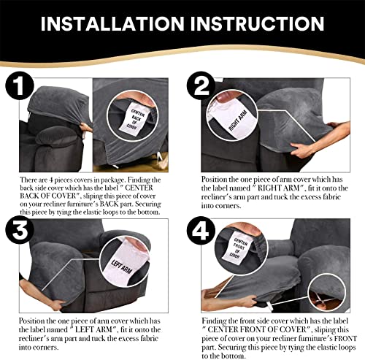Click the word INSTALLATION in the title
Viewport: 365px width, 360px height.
point(112,23)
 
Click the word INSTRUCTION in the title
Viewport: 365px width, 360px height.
point(257,23)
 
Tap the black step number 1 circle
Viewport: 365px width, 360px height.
point(20,85)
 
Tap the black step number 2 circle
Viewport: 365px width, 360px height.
point(201,85)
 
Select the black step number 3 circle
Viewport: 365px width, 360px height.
point(20,230)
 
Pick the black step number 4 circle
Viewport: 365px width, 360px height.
point(201,230)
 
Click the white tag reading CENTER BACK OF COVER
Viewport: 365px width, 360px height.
point(134,119)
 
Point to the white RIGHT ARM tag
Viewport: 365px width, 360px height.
point(234,119)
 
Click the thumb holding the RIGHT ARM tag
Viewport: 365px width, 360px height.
point(225,97)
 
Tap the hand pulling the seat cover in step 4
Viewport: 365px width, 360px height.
point(247,301)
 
